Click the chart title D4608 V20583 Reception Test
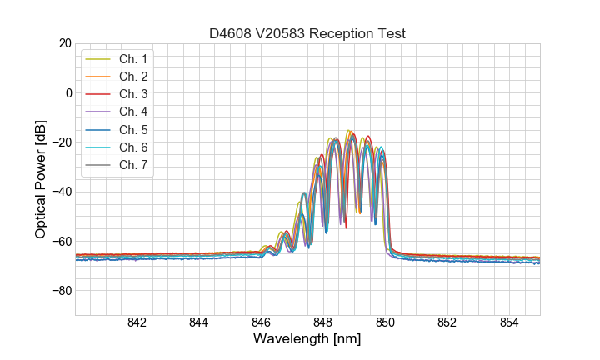coord(307,33)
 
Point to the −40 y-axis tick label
coord(62,192)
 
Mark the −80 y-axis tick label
coord(62,291)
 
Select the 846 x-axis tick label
coord(261,323)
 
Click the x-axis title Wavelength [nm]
coord(307,340)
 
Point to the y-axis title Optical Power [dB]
coord(40,179)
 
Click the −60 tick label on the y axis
coord(62,242)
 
